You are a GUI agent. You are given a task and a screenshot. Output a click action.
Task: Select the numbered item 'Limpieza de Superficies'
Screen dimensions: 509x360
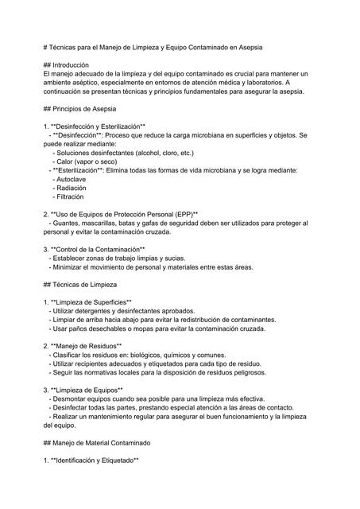pyautogui.click(x=92, y=302)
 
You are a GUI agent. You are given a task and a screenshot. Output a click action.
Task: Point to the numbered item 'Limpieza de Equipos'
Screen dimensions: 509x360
pyautogui.click(x=87, y=390)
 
